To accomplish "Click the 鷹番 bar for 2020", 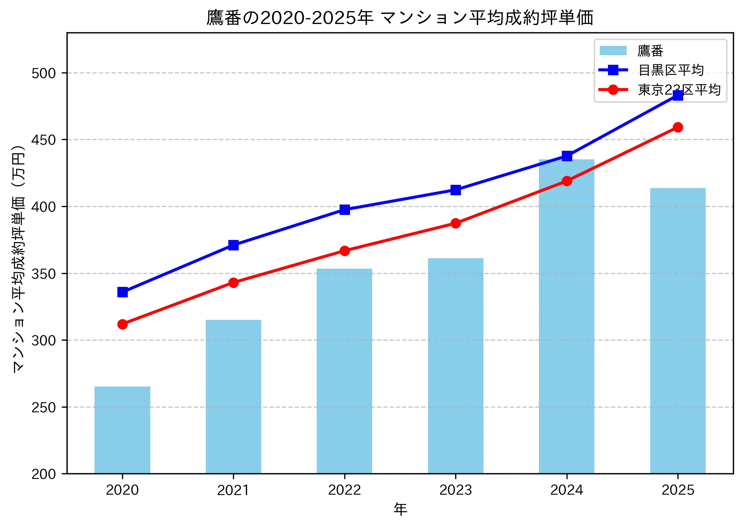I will tap(122, 430).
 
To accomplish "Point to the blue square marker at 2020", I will tap(122, 292).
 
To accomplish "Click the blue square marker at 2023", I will tap(456, 190).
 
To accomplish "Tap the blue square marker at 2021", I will tap(233, 245).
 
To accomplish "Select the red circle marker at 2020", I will tap(122, 324).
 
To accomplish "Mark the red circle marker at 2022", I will tap(345, 251).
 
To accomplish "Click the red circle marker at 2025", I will tap(678, 127).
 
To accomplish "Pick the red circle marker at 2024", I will tap(567, 181).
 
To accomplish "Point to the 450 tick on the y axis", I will tap(44, 140).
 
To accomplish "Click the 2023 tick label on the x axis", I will tap(456, 490).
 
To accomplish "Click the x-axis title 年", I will tap(400, 509).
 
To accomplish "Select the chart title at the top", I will tap(400, 18).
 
